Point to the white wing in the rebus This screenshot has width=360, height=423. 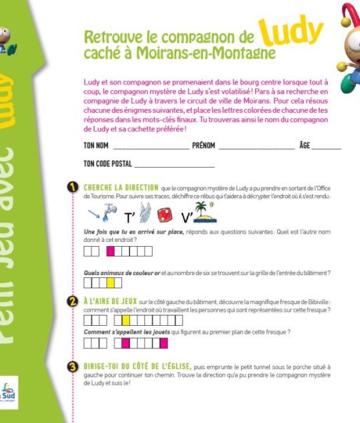click(146, 211)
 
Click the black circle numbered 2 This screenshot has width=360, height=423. click(72, 301)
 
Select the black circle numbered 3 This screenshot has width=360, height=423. click(72, 366)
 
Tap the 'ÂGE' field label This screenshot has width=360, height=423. click(305, 146)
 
